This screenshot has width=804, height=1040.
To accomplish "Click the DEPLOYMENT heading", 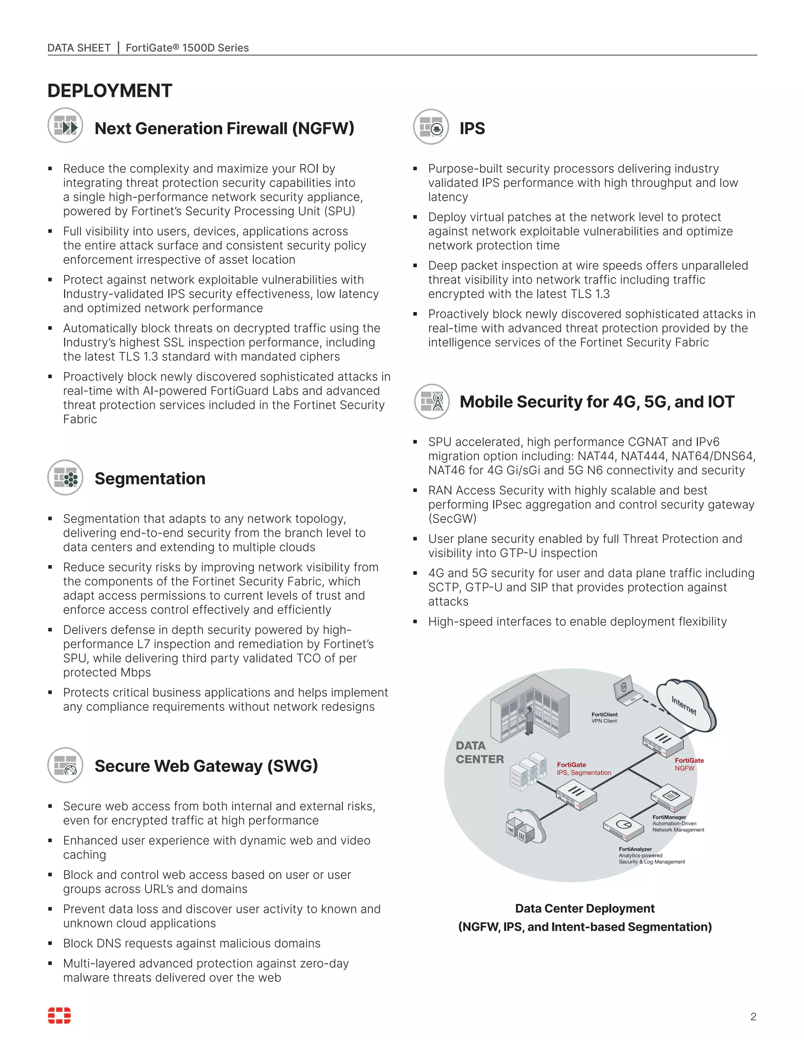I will [110, 91].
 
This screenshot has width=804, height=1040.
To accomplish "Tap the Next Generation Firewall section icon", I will [65, 126].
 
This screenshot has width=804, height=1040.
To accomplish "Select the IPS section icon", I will [431, 127].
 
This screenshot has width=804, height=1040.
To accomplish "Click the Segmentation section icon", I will [65, 477].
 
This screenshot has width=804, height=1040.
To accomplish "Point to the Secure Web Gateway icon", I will [65, 765].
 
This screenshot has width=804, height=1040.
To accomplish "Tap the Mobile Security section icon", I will [431, 401].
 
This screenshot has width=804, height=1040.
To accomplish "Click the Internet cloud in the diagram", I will [686, 705].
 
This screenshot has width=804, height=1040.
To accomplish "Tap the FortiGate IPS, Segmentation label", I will [583, 768].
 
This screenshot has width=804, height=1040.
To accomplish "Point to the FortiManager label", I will [669, 817].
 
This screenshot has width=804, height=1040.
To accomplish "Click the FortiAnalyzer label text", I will [635, 849].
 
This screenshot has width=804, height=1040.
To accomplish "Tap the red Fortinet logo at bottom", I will [59, 1015].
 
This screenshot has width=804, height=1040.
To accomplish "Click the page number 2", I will [753, 1017].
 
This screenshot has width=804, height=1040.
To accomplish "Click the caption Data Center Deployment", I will [585, 909].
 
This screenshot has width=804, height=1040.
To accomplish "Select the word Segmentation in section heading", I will [150, 478].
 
